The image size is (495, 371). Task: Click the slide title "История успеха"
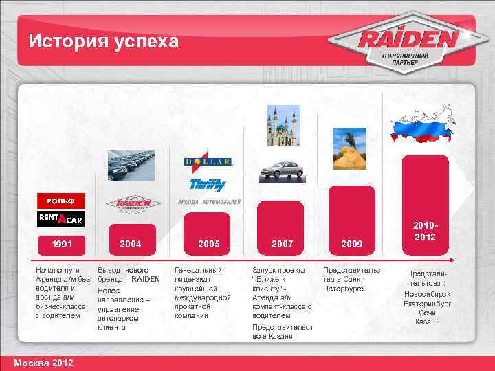point(104,41)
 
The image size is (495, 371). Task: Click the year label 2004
point(131,244)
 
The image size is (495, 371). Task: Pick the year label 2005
point(208,244)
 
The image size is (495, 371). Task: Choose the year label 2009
point(351,244)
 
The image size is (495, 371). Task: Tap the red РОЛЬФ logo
point(60,201)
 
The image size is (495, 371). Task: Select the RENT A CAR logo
point(60,219)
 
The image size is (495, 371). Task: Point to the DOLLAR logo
point(208,162)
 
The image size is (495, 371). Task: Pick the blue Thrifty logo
point(207,183)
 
